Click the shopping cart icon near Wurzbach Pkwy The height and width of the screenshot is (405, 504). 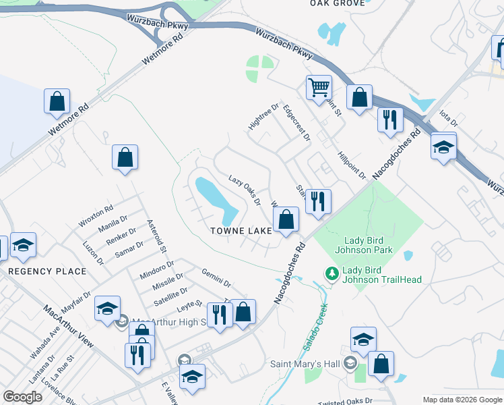pos(318,88)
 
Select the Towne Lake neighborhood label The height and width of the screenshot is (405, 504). pos(241,230)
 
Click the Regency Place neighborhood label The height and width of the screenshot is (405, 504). pos(47,271)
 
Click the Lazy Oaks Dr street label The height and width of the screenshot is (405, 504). pos(245,190)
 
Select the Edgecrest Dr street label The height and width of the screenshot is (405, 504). pos(296,122)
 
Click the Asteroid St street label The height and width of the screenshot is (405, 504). pos(156,236)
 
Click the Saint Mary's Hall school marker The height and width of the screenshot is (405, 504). pos(349,364)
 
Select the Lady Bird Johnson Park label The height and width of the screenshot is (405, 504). pos(369,245)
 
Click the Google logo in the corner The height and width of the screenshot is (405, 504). pos(22,397)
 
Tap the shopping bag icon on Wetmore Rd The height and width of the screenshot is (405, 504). pos(57,102)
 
